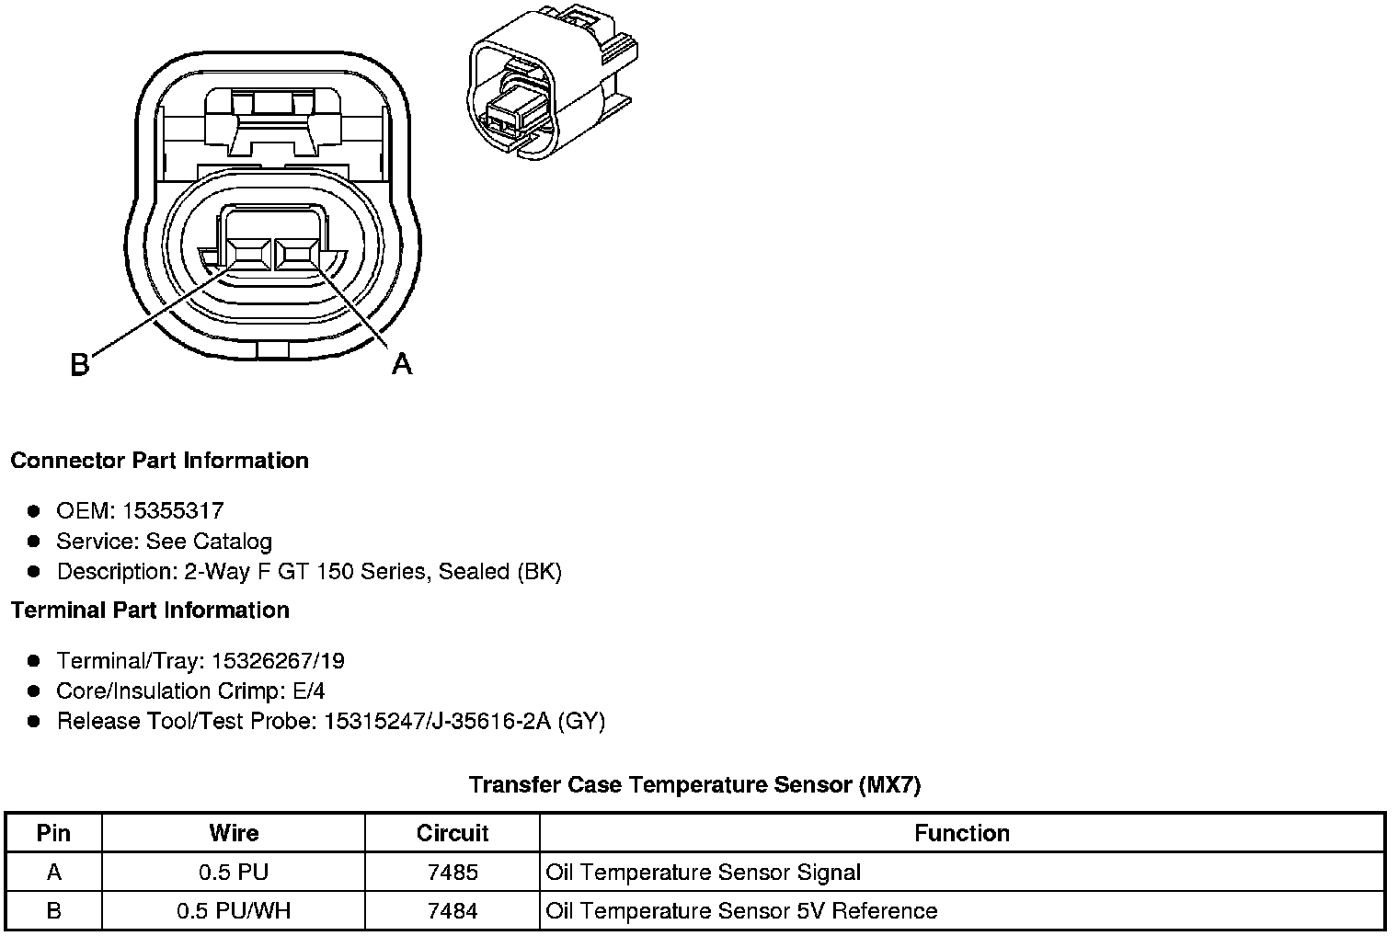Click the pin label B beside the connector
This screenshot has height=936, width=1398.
click(80, 365)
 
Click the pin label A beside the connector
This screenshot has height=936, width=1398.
click(402, 364)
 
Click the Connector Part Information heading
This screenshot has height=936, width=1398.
click(159, 460)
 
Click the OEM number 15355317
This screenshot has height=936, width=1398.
click(173, 510)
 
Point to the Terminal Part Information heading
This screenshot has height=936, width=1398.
click(150, 610)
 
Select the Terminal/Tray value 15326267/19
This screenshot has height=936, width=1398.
click(278, 660)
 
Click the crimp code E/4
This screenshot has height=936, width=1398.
click(306, 691)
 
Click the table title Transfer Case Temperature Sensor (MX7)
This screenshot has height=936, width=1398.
click(694, 784)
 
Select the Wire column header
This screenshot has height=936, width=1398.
click(234, 833)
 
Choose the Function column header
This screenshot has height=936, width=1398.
click(961, 833)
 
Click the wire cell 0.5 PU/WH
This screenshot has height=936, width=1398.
click(234, 910)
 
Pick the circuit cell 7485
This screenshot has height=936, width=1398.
click(453, 872)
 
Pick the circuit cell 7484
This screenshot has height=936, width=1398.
click(453, 910)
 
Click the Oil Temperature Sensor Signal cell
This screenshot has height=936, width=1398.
click(703, 872)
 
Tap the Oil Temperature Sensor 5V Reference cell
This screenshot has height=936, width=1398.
click(741, 910)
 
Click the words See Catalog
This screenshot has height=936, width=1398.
click(209, 541)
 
